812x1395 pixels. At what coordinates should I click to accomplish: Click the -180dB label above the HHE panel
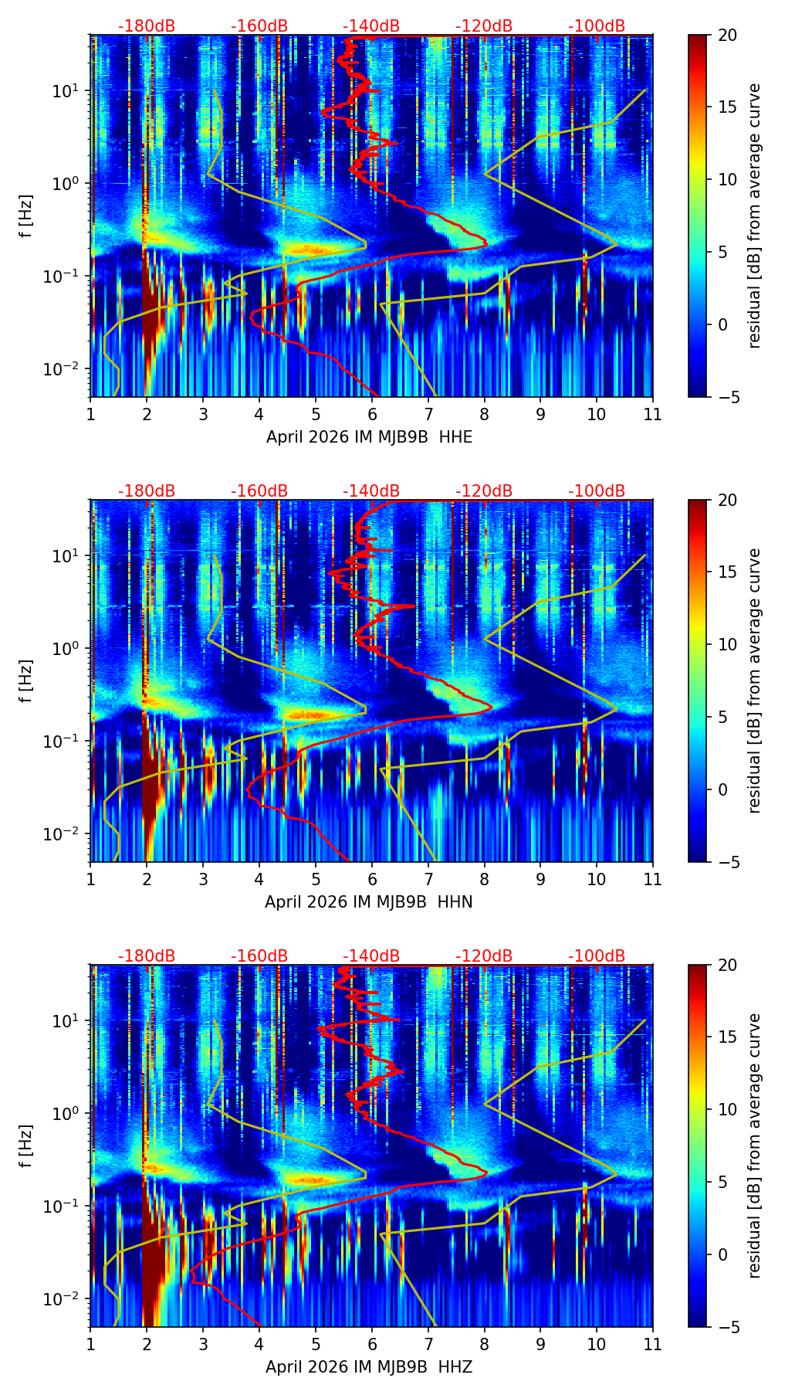tap(147, 26)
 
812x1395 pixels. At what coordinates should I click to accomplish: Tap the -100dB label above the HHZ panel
tap(597, 956)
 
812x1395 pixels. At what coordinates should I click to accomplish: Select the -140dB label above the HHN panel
tap(371, 491)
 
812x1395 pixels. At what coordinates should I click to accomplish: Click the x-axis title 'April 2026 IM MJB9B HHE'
tap(369, 437)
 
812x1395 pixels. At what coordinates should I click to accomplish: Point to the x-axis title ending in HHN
tap(369, 902)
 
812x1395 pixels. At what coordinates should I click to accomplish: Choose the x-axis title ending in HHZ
tap(369, 1367)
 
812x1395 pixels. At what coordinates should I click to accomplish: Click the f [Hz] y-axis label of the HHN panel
tap(27, 681)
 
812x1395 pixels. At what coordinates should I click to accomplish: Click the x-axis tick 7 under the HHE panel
tap(428, 414)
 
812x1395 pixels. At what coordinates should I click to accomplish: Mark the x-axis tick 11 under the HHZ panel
tap(652, 1344)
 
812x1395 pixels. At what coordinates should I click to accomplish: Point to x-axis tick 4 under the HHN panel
tap(259, 879)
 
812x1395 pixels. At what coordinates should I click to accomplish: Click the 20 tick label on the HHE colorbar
tap(728, 36)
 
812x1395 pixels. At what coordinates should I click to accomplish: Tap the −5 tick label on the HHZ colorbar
tap(728, 1327)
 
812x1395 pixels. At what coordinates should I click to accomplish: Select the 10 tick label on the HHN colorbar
tap(728, 644)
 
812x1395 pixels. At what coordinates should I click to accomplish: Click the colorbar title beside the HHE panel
tap(754, 216)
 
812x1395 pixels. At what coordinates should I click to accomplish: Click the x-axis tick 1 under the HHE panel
tap(90, 414)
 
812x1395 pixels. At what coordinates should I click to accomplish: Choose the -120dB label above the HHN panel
tap(484, 491)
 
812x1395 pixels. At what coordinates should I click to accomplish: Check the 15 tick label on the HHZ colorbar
tap(728, 1037)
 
